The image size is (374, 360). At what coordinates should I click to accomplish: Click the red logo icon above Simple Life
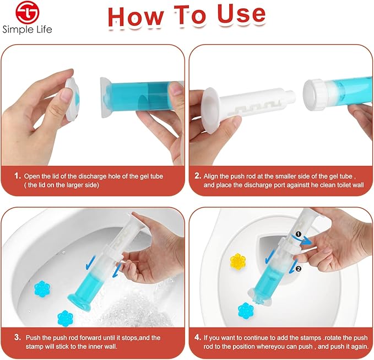tap(27, 13)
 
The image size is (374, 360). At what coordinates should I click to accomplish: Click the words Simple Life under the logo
tap(27, 30)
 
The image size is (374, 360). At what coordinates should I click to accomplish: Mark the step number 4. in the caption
tap(197, 337)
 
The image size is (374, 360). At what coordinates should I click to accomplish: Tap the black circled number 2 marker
tap(298, 269)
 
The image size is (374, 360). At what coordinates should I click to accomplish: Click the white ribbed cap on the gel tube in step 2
tap(315, 89)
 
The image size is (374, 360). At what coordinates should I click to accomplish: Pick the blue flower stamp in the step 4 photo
tap(245, 310)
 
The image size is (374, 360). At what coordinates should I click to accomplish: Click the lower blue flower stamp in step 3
tap(66, 318)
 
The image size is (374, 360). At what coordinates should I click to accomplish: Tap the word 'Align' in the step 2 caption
tap(213, 176)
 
